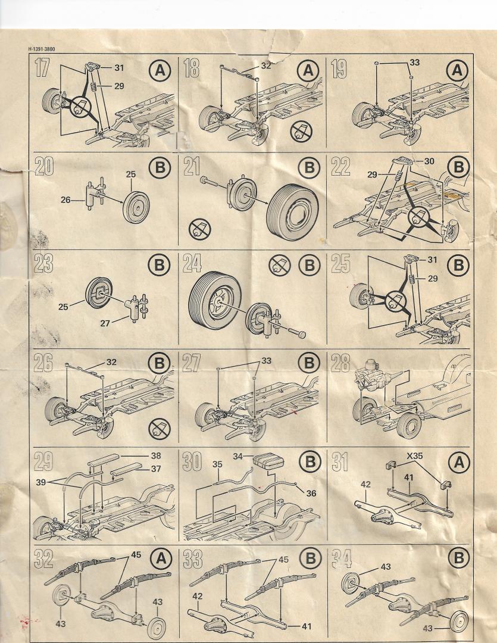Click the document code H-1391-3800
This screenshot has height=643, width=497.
pyautogui.click(x=46, y=49)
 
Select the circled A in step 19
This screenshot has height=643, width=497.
pyautogui.click(x=457, y=71)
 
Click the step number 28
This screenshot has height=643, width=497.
pyautogui.click(x=340, y=363)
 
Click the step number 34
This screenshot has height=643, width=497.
pyautogui.click(x=340, y=558)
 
